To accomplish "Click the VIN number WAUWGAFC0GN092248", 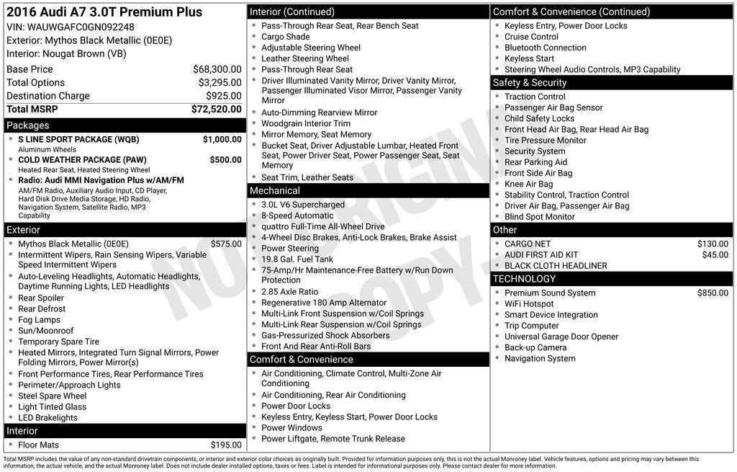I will (81, 27).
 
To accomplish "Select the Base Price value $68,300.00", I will (217, 69).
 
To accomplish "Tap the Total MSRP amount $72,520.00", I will (216, 110).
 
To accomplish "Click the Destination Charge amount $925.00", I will (223, 96).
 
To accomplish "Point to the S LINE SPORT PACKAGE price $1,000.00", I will (222, 139).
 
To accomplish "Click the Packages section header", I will (28, 125).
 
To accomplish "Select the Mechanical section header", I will (274, 191).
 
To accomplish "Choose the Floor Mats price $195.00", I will (226, 445).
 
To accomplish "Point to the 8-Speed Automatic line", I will (297, 215).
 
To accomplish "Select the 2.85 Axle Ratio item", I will (289, 292).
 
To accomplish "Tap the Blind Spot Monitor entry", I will (539, 217).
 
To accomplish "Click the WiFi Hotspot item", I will (529, 304).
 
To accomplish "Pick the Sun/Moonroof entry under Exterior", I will (46, 331).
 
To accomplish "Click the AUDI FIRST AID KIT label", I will (541, 255).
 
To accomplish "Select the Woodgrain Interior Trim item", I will (306, 124).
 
